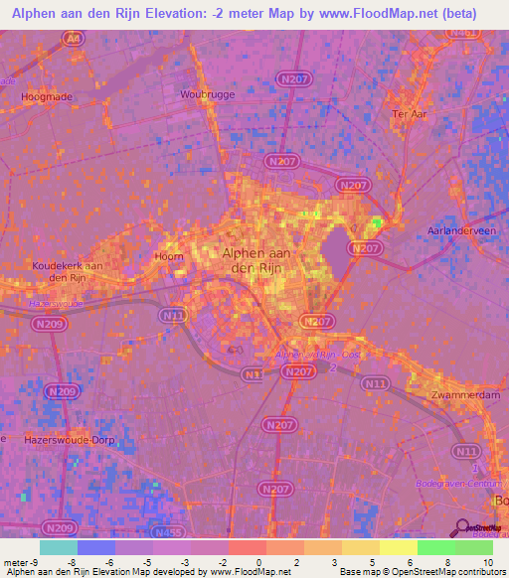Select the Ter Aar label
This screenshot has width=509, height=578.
tap(409, 113)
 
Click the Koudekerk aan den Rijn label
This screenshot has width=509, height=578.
tap(68, 272)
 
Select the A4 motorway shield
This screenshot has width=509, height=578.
tap(72, 38)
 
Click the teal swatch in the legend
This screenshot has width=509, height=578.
tap(59, 547)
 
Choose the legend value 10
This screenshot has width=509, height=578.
tap(486, 561)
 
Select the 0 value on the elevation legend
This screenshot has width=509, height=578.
tap(257, 561)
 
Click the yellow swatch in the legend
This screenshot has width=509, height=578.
tap(399, 547)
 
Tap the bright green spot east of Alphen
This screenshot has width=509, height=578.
tap(377, 223)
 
